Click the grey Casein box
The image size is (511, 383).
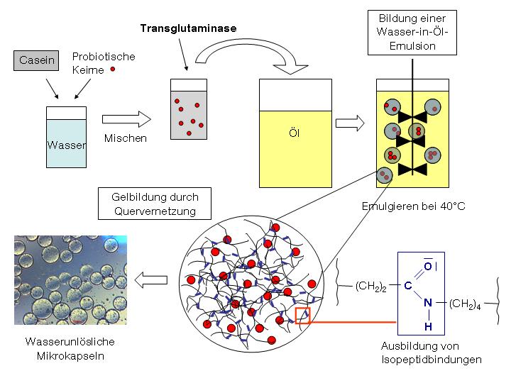(37, 60)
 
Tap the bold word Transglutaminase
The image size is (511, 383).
(187, 28)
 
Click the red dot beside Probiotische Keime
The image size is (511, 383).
(112, 70)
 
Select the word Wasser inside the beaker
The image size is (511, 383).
(67, 145)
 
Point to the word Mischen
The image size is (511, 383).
(125, 138)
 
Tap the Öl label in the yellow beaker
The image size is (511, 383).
(294, 133)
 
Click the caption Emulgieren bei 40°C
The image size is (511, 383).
(414, 206)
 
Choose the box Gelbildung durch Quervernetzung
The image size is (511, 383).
(155, 204)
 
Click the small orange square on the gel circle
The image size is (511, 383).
(302, 315)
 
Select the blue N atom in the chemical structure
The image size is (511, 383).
(427, 304)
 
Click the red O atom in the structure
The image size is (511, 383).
(427, 266)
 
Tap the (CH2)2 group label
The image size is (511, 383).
(371, 287)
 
